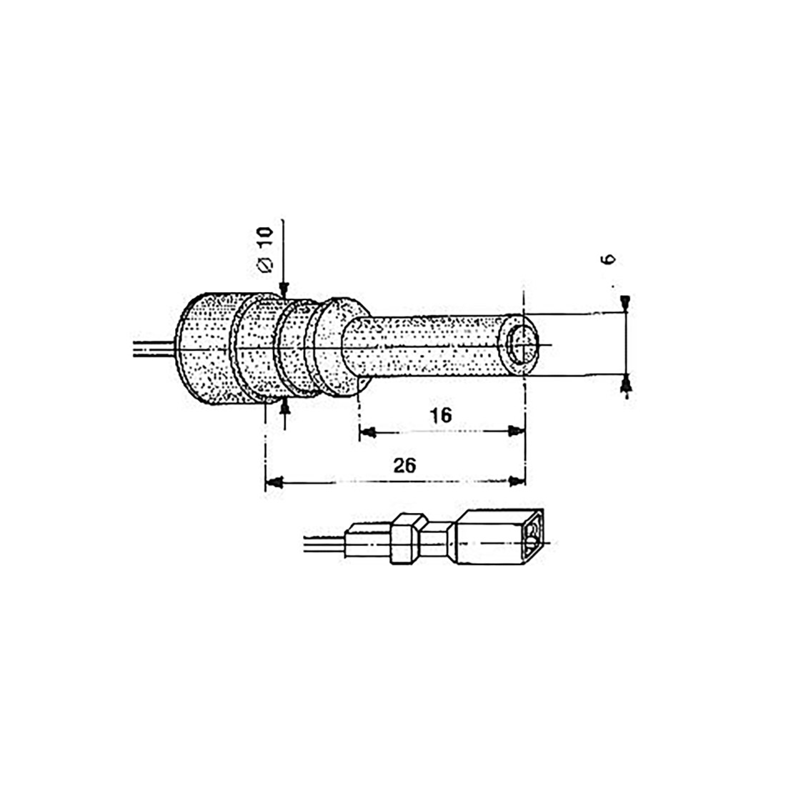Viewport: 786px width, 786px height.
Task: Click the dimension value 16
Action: click(441, 415)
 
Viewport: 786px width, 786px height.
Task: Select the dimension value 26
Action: click(404, 466)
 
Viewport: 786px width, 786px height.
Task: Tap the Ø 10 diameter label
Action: click(265, 249)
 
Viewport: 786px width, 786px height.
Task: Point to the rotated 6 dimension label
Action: click(609, 259)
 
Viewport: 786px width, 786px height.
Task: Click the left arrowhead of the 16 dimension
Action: click(368, 432)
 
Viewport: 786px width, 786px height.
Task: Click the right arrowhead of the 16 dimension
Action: click(517, 431)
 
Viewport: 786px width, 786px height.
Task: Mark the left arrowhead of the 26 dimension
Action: click(274, 482)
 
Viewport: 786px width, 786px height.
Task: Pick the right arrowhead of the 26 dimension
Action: click(517, 481)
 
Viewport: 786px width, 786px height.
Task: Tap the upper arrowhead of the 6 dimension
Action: click(625, 303)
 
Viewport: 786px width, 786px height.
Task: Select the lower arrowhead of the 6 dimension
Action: click(625, 384)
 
